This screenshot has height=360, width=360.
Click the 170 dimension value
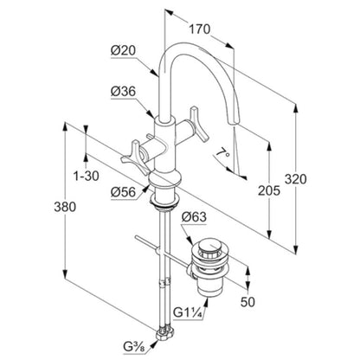[199, 29]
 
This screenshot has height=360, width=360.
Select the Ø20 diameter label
[123, 51]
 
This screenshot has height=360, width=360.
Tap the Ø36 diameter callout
[123, 92]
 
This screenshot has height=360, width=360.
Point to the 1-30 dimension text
[86, 176]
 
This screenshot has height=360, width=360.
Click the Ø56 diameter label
[123, 192]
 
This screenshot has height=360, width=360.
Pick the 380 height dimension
[65, 207]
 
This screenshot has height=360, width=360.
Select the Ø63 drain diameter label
[194, 216]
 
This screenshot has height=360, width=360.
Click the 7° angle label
[223, 152]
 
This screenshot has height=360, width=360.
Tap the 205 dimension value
[269, 190]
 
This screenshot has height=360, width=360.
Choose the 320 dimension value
[296, 179]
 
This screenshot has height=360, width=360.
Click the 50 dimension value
[247, 302]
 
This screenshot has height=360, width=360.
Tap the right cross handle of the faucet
[199, 124]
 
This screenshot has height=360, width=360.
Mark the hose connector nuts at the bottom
[165, 334]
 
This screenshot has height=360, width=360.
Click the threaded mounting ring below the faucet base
[164, 202]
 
